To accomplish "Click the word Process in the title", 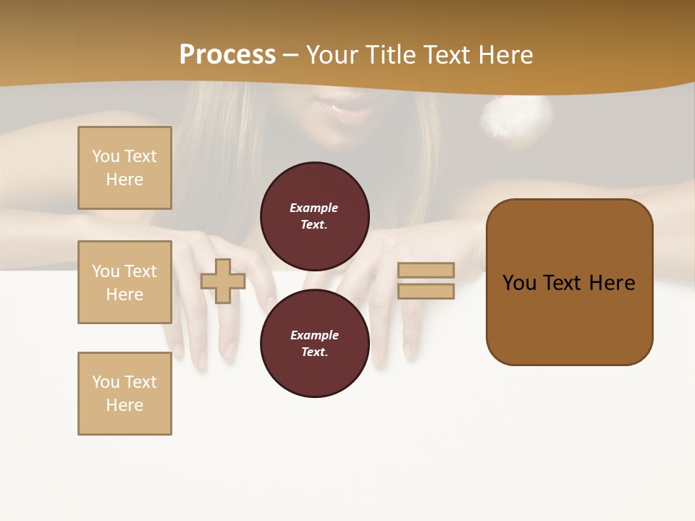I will coord(227,55).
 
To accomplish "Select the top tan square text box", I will coord(125,168).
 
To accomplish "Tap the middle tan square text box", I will coord(125,282).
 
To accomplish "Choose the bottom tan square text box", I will coord(125,393).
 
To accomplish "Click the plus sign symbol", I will coord(223,281).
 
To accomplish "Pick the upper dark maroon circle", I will coord(314,216).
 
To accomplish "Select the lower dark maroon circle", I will coord(314,343).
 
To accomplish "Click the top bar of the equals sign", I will coord(426,270).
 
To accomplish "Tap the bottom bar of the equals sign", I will coord(426,291).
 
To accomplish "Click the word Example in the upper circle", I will coord(314,208).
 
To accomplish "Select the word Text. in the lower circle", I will coord(314,352).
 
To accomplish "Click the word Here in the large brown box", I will coord(612,283).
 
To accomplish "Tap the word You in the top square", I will coord(105,156).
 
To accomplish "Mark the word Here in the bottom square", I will coord(125,405).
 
